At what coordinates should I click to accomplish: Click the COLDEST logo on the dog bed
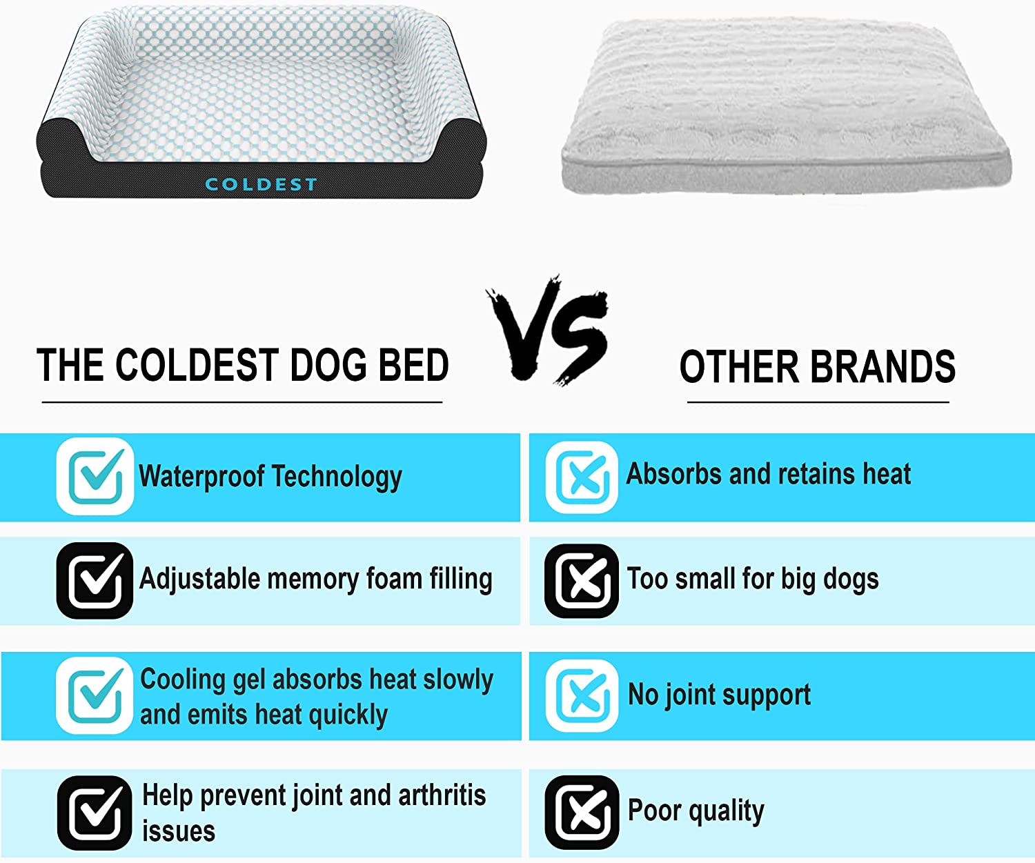tap(261, 184)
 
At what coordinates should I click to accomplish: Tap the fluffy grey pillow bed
tap(785, 109)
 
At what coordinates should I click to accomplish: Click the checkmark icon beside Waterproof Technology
tap(95, 476)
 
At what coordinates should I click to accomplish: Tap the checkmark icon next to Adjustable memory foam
tap(95, 580)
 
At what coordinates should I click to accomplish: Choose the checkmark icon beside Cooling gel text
tap(95, 695)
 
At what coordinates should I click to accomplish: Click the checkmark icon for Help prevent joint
tap(95, 813)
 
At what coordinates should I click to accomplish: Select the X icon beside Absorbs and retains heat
tap(582, 477)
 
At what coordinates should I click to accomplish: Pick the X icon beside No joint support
tap(582, 695)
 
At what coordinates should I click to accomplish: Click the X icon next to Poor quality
tap(582, 812)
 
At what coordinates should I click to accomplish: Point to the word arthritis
tap(442, 795)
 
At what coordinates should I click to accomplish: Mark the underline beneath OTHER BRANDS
tap(818, 402)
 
